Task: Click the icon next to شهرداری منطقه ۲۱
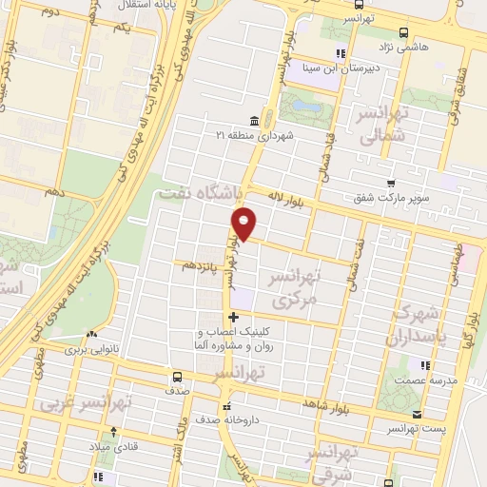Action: click(253, 122)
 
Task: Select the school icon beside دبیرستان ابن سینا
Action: click(339, 54)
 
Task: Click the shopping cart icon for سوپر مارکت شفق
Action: click(391, 185)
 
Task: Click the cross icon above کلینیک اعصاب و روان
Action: click(233, 317)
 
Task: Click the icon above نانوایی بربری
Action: click(90, 335)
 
